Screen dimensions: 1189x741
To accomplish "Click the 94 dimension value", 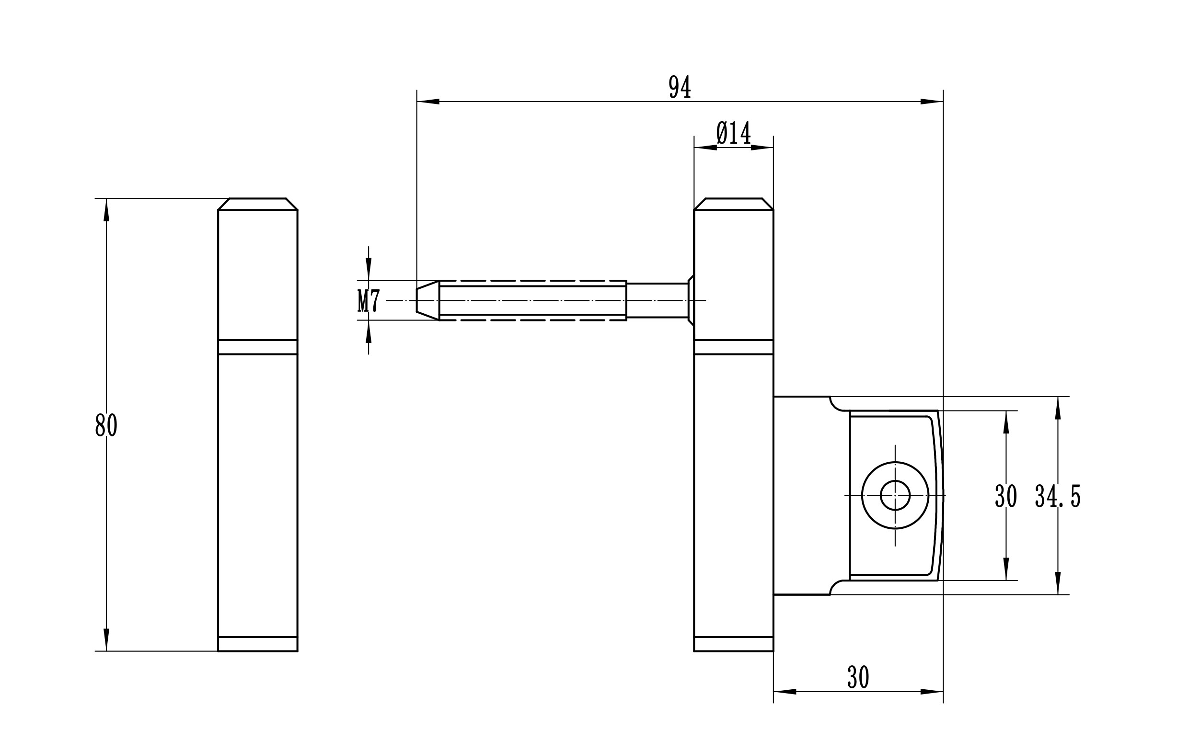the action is pos(680,87).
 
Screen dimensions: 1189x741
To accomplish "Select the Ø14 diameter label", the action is pos(734,133).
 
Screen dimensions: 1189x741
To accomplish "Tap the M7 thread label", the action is pos(368,301).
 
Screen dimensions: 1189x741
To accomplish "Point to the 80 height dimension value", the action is pos(106,425).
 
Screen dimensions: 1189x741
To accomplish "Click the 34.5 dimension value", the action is pos(1058,496).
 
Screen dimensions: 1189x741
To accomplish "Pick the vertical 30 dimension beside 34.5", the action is pos(1005,496).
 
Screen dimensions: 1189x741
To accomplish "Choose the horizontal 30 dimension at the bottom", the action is pos(858,678).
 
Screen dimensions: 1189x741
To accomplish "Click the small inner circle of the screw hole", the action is pos(895,495).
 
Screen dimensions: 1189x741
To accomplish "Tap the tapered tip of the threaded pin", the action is pos(427,300).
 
